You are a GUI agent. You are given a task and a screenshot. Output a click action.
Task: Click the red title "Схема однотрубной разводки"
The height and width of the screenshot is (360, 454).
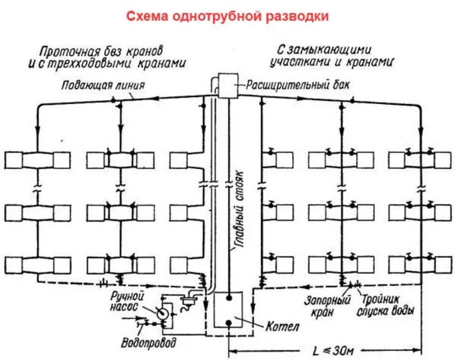coord(227,15)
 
